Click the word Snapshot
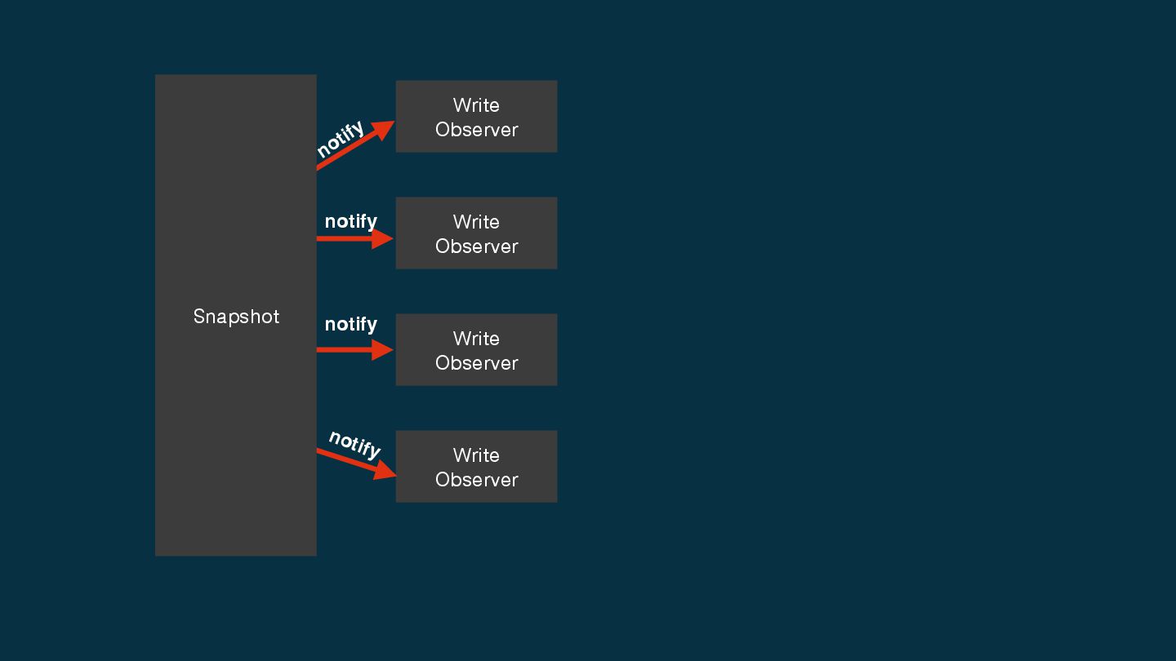(236, 317)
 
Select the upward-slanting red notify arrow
(351, 148)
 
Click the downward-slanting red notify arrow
(353, 462)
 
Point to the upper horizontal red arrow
(351, 239)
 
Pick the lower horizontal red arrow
(351, 350)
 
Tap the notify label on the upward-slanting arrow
(341, 140)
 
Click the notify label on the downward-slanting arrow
(354, 443)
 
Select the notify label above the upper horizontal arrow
(350, 221)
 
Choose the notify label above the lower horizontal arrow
(350, 324)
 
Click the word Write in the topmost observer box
(476, 105)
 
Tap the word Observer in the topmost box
(476, 130)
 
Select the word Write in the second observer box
(476, 222)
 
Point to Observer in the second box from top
(476, 246)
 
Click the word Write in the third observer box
(476, 339)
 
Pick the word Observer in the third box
(476, 363)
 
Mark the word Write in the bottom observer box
(476, 455)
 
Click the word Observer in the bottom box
(476, 480)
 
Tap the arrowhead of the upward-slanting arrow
(383, 129)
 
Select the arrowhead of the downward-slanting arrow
(385, 472)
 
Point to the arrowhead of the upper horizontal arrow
(382, 239)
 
